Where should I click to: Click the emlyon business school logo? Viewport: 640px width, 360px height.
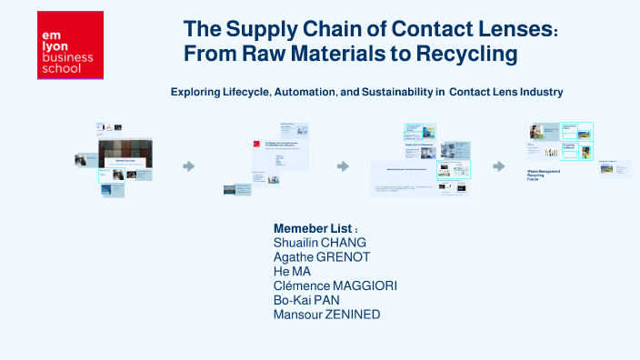pyautogui.click(x=70, y=45)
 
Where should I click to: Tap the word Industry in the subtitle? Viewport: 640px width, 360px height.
pyautogui.click(x=542, y=92)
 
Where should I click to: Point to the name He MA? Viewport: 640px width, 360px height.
pyautogui.click(x=292, y=271)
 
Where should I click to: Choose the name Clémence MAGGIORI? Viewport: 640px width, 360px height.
pyautogui.click(x=335, y=285)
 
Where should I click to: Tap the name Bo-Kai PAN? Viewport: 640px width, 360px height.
pyautogui.click(x=308, y=300)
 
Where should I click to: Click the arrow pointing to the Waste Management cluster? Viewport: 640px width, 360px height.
pyautogui.click(x=499, y=166)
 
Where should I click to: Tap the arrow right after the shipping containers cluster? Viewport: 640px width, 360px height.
pyautogui.click(x=189, y=166)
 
